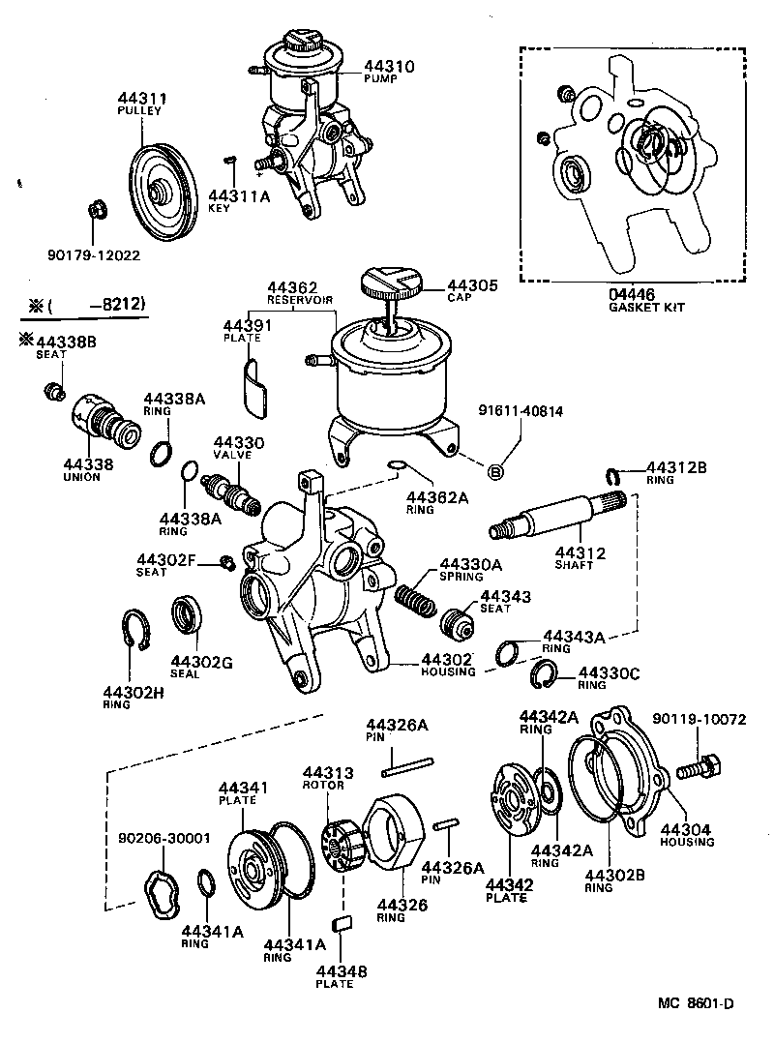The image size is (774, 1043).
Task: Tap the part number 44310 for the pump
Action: coord(389,67)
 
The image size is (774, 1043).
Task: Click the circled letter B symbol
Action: coord(495,472)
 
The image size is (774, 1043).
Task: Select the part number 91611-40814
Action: coord(521,410)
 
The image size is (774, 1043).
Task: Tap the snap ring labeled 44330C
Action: coord(544,673)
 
